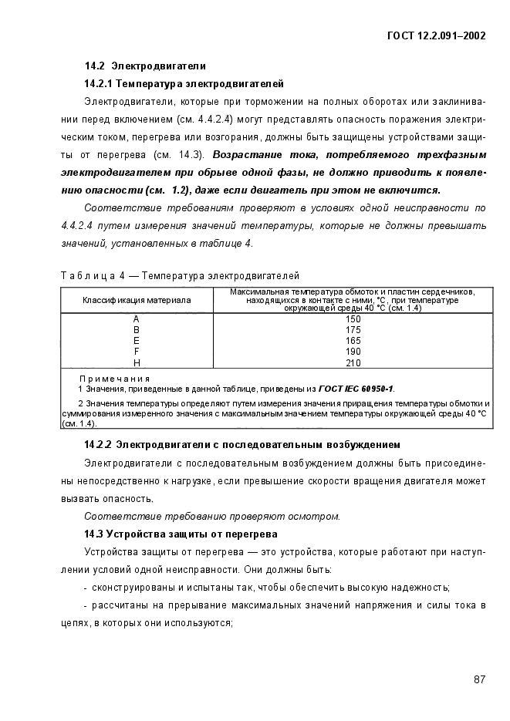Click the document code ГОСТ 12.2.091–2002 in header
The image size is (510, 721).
pos(437,35)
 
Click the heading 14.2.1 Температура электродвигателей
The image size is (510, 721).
pos(184,83)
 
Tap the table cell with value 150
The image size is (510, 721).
pos(353,318)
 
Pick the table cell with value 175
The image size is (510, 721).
pos(353,329)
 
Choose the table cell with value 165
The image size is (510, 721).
pos(353,340)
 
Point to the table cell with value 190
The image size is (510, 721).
pos(353,351)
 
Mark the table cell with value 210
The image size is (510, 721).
pos(353,362)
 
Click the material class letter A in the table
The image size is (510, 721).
pos(136,318)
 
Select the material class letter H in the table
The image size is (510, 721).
pos(136,362)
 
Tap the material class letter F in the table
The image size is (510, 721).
pos(136,351)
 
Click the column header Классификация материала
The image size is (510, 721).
pos(137,300)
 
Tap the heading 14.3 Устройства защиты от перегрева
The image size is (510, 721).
pos(181,534)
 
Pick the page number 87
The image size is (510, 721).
pos(479,679)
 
